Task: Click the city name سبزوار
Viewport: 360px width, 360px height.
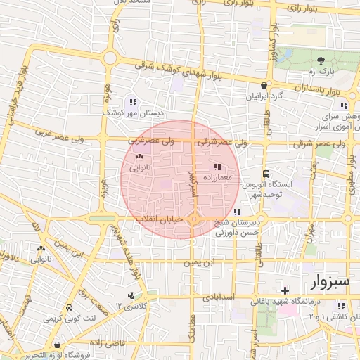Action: click(328, 282)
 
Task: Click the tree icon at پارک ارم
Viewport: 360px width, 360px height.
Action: click(321, 61)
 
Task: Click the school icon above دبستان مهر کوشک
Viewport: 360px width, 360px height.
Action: click(133, 102)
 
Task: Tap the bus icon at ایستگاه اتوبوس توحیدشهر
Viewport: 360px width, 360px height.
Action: click(266, 174)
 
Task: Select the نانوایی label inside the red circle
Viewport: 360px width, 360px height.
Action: click(138, 168)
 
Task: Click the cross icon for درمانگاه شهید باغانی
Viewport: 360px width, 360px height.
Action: click(284, 290)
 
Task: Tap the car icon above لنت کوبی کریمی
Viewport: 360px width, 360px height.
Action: click(69, 308)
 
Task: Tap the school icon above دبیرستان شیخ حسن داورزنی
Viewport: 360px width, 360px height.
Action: click(237, 212)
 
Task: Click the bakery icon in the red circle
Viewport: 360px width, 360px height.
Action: click(139, 157)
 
